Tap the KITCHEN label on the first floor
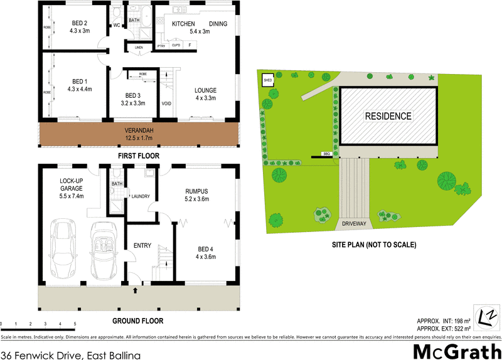[x=183, y=24]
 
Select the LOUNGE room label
[x=205, y=90]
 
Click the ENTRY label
[x=142, y=245]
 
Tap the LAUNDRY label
[x=140, y=196]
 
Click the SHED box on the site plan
[x=268, y=80]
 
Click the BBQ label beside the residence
[x=326, y=154]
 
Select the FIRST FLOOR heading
[x=137, y=156]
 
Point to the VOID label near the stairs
[x=166, y=103]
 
